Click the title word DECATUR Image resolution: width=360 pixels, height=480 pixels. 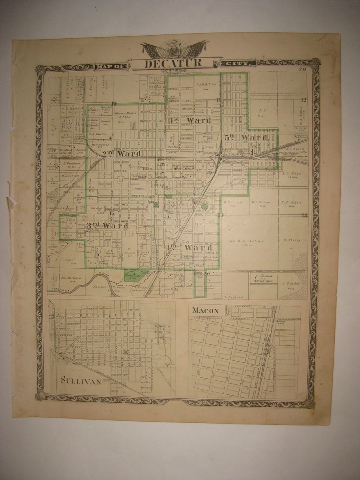[x=173, y=63]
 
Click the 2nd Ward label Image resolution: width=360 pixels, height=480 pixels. [x=121, y=154]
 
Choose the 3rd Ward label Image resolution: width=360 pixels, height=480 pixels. [x=107, y=226]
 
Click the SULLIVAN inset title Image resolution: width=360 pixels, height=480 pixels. [x=81, y=381]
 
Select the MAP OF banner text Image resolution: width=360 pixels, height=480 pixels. [x=110, y=64]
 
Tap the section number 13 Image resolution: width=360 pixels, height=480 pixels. [x=304, y=216]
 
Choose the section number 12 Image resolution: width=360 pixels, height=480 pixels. [x=304, y=100]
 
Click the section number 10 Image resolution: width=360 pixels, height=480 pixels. [x=114, y=104]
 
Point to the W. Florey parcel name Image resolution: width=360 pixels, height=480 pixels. [x=292, y=240]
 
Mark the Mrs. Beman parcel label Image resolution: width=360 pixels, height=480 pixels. [x=262, y=202]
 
